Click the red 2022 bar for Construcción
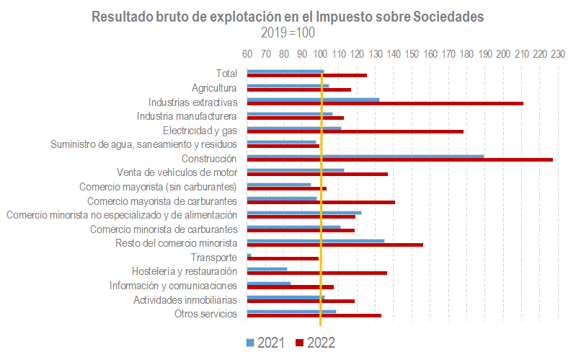point(400,159)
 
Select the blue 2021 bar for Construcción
point(365,155)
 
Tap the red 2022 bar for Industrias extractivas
point(385,103)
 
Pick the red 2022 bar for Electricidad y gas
point(355,131)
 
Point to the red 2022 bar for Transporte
point(283,258)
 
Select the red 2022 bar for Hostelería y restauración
point(317,273)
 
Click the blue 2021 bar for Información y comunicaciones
point(269,283)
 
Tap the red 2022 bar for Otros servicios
point(314,315)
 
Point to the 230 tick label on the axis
point(557,54)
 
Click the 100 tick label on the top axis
point(320,54)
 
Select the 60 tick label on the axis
point(247,54)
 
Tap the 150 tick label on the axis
point(412,54)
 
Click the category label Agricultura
point(214,87)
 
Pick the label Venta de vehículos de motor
point(177,172)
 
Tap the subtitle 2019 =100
point(288,32)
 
